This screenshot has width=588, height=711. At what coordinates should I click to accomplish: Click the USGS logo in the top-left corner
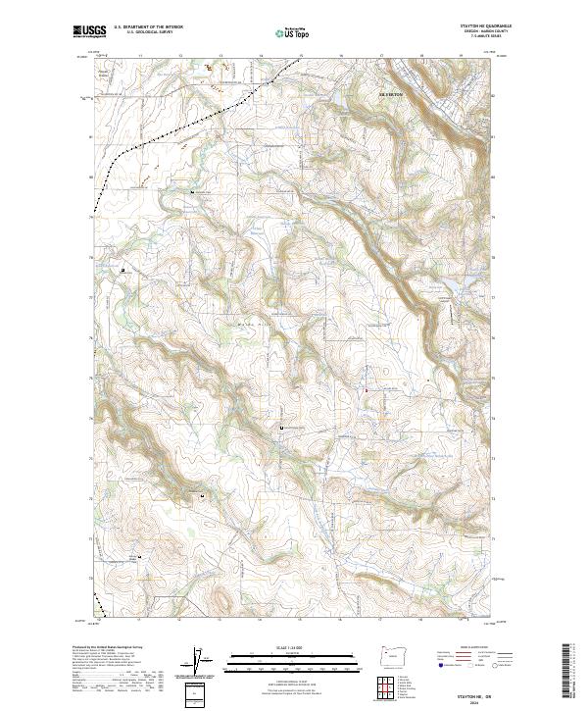pos(89,32)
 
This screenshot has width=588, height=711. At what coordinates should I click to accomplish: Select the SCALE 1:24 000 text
pos(287,645)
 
